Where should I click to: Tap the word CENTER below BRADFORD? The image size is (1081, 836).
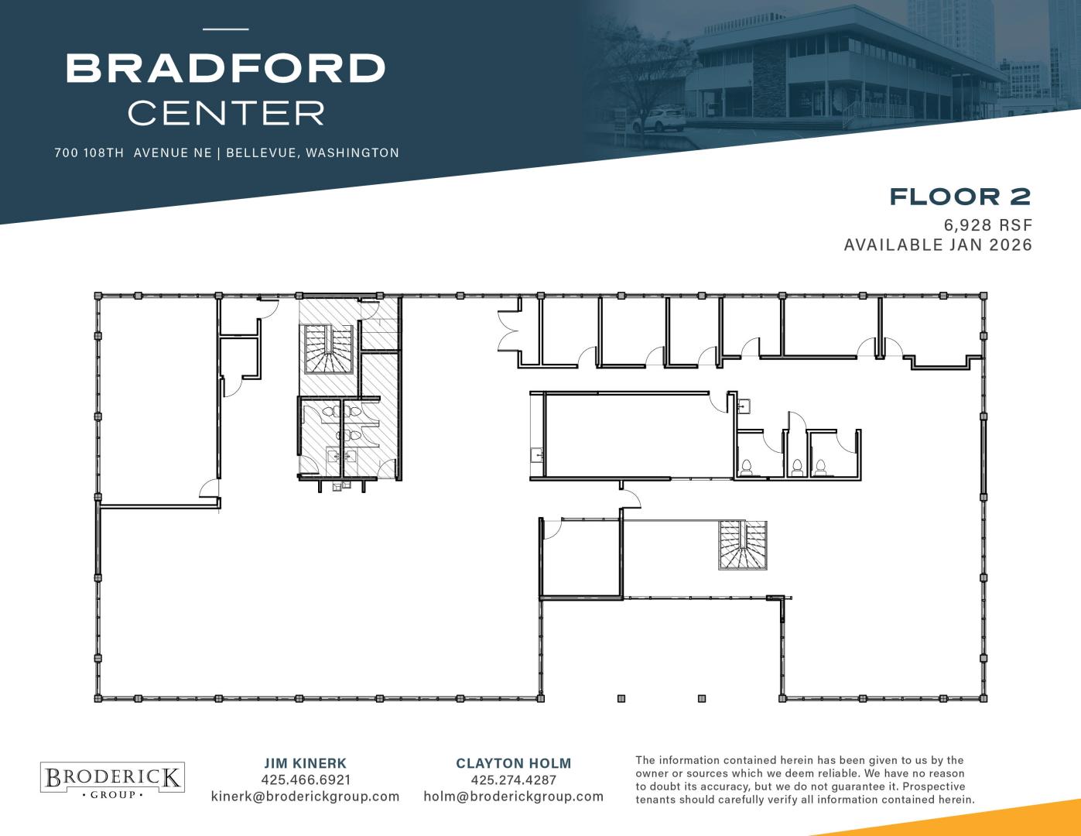227,113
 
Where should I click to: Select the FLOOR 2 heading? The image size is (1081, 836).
960,197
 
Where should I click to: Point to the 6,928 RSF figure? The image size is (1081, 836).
988,225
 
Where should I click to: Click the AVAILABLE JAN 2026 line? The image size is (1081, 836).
938,245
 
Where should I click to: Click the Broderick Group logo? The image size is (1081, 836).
112,777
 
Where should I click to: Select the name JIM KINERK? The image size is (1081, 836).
305,763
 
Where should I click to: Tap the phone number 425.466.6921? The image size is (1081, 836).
306,779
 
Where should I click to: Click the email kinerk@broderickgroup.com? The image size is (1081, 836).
305,797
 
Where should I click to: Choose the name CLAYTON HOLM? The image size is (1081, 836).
513,763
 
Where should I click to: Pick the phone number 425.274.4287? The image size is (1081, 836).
513,779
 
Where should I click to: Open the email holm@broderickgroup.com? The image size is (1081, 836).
513,797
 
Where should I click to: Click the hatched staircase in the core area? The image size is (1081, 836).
328,349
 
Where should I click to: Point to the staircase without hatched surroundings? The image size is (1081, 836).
743,546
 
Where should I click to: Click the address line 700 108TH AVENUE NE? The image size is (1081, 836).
133,152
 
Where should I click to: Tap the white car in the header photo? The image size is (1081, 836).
659,121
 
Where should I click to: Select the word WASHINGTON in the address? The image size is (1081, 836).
352,152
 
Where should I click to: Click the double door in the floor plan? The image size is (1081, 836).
508,331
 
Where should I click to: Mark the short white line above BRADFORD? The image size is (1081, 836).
226,29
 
